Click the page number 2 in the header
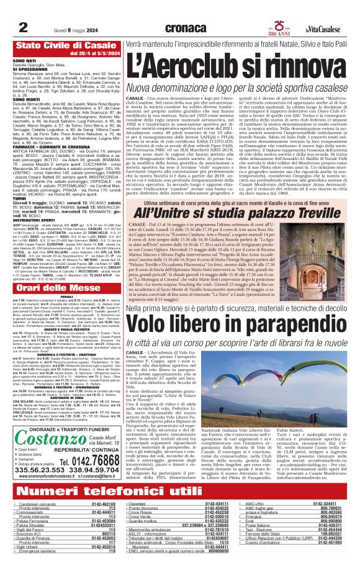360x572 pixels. tap(23, 11)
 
